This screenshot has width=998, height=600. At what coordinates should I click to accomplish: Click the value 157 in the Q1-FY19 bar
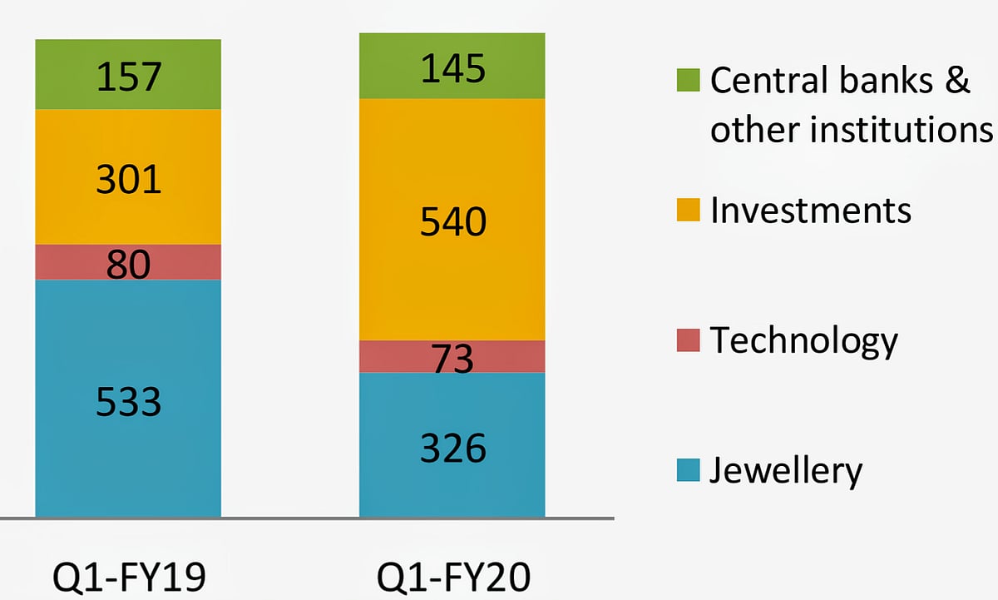[128, 77]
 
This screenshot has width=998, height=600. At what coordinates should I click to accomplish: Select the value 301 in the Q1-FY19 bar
[128, 178]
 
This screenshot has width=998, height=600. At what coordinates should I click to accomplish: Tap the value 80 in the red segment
[128, 264]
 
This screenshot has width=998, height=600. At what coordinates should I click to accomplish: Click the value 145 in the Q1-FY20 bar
[452, 68]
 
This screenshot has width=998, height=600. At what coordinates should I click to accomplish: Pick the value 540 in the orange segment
[452, 221]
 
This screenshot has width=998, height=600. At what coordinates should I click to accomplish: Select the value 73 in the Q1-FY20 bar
[452, 359]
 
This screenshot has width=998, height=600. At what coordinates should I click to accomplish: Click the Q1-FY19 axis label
[128, 576]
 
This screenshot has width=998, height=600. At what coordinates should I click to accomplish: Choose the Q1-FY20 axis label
[452, 576]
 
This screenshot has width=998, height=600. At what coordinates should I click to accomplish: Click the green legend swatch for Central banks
[689, 81]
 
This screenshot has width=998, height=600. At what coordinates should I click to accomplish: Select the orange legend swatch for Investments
[689, 211]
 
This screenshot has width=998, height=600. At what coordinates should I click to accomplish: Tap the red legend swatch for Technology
[689, 340]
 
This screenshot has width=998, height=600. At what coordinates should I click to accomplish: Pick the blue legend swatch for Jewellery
[689, 470]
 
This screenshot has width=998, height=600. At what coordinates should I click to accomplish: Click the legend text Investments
[811, 211]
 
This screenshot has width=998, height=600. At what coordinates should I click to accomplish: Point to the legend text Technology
[804, 341]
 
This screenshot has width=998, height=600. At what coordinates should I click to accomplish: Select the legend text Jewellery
[786, 471]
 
